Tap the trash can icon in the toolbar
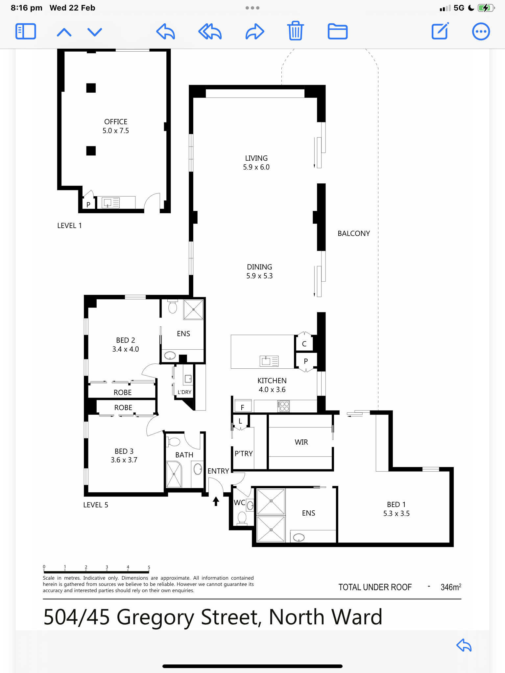coord(296,31)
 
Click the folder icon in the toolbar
coord(338,32)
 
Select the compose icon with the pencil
coord(440,31)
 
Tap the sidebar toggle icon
coord(26,32)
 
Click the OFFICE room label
coord(116,122)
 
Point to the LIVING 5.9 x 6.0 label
coord(256,163)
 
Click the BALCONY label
coord(354,233)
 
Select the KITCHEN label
coord(272,381)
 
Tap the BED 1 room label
coord(396,504)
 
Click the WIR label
coord(301,442)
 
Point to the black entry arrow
coord(216,501)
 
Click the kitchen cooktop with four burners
coord(283,406)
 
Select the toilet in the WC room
coord(242,518)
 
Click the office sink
coord(111,202)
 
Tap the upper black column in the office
coord(91,88)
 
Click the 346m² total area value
coord(451,587)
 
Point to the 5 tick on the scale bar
coord(149,569)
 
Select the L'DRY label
coord(184,392)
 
